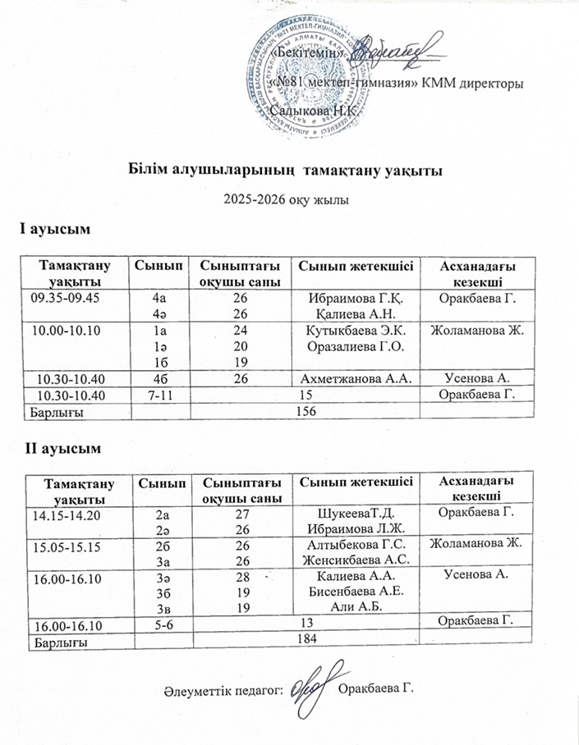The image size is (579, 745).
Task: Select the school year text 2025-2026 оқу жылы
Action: click(x=287, y=199)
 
